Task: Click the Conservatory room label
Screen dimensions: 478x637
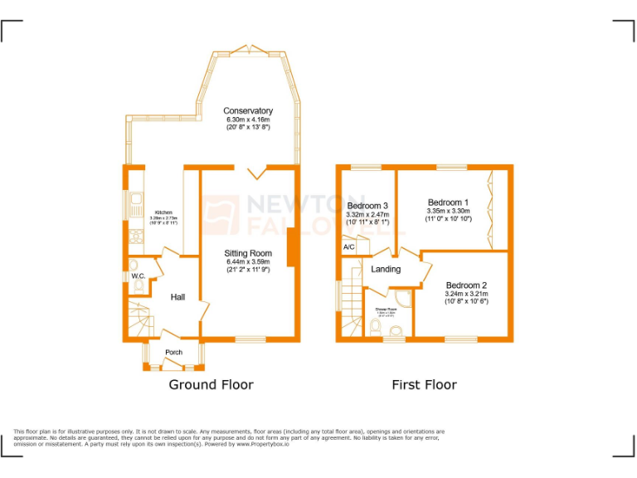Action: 247,111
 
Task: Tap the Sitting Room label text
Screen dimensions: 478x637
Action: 248,253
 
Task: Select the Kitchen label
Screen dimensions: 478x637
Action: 162,212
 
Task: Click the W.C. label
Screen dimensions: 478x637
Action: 139,276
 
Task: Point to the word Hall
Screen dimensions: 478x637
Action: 178,297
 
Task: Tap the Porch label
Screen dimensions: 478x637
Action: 173,353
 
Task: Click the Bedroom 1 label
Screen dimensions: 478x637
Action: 448,202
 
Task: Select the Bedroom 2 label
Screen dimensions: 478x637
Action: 466,285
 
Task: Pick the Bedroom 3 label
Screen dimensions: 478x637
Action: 367,206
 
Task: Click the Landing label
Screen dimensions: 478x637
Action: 386,269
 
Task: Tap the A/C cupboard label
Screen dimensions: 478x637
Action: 349,247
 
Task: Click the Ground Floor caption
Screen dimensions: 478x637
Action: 211,384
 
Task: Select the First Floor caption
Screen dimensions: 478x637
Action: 424,384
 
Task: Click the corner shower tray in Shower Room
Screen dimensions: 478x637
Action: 403,298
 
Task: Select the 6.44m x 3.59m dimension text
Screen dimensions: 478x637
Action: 248,262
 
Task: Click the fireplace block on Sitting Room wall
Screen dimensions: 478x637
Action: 291,248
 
